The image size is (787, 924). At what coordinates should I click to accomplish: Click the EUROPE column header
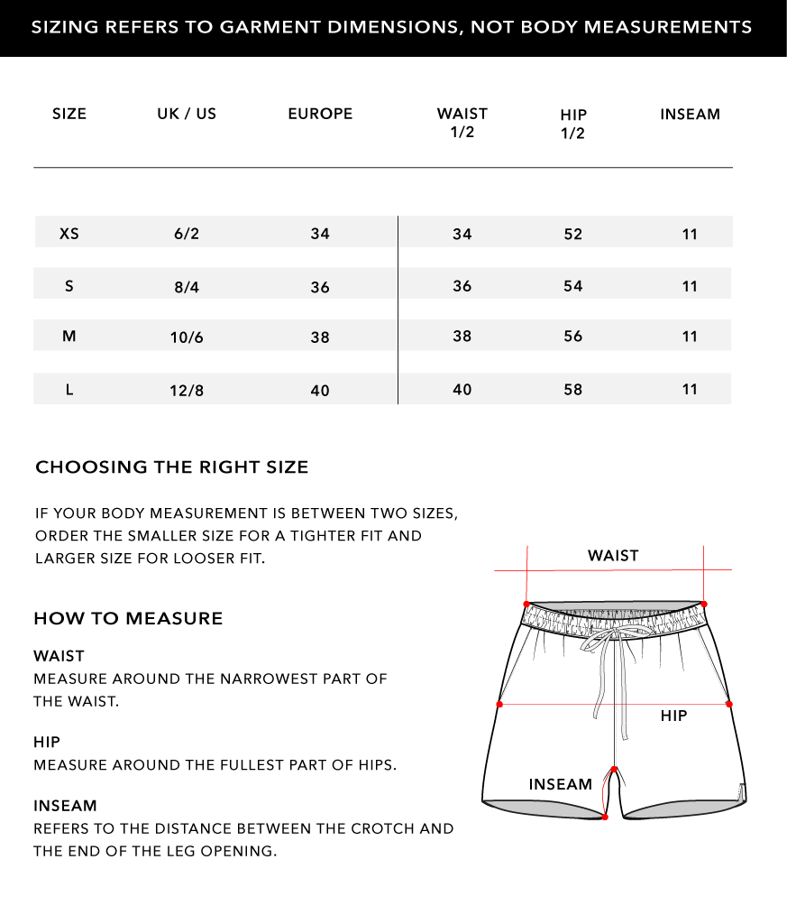(x=320, y=114)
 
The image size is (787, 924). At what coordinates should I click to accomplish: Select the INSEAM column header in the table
(x=690, y=115)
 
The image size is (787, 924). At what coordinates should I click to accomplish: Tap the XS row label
(x=69, y=234)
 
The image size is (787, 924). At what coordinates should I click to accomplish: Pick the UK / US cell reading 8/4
(x=187, y=288)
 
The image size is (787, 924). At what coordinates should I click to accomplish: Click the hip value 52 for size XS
(x=573, y=235)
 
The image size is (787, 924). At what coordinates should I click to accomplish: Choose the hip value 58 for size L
(x=573, y=390)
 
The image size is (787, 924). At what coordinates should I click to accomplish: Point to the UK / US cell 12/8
(x=187, y=391)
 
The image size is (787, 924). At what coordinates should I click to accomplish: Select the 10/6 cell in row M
(x=187, y=338)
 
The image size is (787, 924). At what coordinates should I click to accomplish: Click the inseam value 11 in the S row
(x=690, y=287)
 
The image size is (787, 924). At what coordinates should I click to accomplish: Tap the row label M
(x=69, y=337)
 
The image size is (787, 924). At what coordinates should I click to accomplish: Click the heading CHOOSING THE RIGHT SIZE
(x=171, y=467)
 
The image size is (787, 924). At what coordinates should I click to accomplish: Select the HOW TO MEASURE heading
(x=128, y=619)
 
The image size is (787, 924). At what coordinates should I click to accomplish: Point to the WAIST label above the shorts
(x=613, y=556)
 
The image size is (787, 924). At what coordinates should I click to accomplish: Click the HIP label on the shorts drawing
(x=673, y=716)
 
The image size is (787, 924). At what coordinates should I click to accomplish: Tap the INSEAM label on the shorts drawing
(x=561, y=785)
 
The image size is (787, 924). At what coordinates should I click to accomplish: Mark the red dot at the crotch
(x=614, y=770)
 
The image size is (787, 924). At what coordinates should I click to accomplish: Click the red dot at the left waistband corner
(x=526, y=604)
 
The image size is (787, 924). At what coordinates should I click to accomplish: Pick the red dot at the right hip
(x=728, y=704)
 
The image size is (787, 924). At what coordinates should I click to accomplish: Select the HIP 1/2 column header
(x=573, y=125)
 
